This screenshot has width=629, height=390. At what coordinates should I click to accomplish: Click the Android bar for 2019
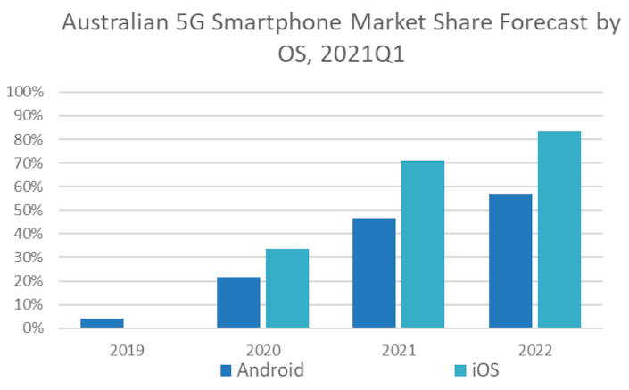pyautogui.click(x=102, y=323)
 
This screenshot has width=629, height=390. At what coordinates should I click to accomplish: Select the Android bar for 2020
pyautogui.click(x=238, y=303)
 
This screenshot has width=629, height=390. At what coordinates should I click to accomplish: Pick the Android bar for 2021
pyautogui.click(x=374, y=273)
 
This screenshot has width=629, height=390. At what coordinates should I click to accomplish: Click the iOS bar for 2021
pyautogui.click(x=423, y=245)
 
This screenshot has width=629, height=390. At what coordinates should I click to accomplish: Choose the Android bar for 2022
pyautogui.click(x=510, y=261)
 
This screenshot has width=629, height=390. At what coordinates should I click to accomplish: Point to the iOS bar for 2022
pyautogui.click(x=559, y=230)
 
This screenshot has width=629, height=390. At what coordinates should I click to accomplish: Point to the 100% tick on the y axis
pyautogui.click(x=24, y=92)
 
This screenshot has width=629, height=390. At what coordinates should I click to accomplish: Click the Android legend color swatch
pyautogui.click(x=227, y=369)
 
